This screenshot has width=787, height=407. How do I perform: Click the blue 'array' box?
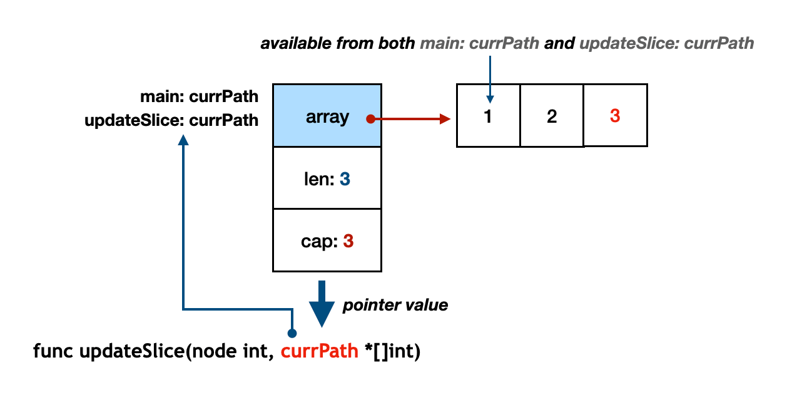tap(327, 115)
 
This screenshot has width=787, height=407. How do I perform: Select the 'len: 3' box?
tap(327, 179)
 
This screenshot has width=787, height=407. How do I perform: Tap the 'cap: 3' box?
tap(327, 240)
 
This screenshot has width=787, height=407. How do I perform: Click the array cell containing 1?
tap(488, 116)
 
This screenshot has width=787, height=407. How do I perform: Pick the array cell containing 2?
tap(551, 116)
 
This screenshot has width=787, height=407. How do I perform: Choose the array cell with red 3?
tap(615, 116)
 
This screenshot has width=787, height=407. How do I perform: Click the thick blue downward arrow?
tap(322, 303)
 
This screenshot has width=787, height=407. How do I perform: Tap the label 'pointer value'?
tap(395, 306)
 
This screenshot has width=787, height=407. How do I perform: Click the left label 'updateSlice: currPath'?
tap(172, 120)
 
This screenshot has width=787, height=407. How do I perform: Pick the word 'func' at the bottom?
tap(53, 351)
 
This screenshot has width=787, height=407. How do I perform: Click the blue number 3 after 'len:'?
tap(345, 180)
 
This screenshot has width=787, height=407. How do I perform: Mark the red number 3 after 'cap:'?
tap(348, 241)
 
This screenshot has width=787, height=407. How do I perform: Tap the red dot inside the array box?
tap(370, 118)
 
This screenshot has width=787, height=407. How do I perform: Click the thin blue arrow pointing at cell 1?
tap(490, 78)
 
